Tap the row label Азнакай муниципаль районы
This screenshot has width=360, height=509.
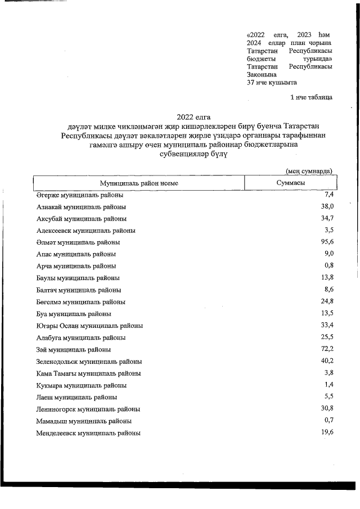(81, 206)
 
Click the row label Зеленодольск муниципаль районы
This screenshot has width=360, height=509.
(89, 362)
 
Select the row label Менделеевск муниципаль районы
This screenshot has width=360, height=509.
(88, 434)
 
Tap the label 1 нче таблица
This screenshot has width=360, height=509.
(310, 97)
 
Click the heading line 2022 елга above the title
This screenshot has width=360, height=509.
(193, 116)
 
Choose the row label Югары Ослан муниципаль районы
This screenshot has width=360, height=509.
(89, 326)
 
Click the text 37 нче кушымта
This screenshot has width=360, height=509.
(272, 82)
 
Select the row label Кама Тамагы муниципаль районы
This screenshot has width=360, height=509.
(88, 373)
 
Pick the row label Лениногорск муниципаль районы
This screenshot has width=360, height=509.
(88, 409)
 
